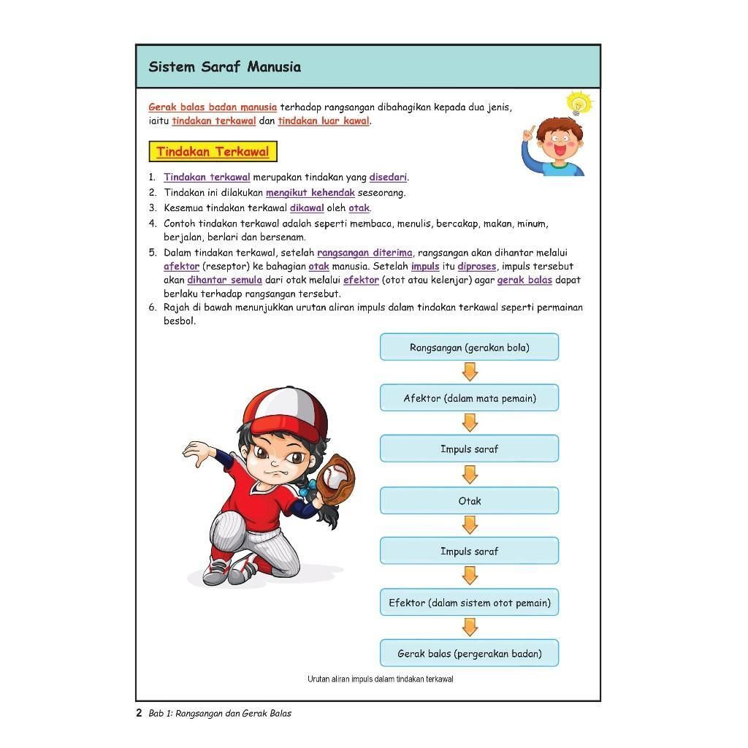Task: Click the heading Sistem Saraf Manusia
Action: click(x=224, y=67)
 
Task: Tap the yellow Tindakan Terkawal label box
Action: click(x=213, y=152)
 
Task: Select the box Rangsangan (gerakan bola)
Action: click(x=469, y=348)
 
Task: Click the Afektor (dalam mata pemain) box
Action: click(x=469, y=398)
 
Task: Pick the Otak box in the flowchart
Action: click(x=469, y=501)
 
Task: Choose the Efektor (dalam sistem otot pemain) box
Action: click(x=469, y=603)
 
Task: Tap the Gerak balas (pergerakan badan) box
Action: click(x=469, y=654)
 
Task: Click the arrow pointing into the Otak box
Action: click(x=470, y=475)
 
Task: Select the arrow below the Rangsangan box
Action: click(x=470, y=372)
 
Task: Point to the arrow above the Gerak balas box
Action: click(x=470, y=627)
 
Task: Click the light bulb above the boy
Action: click(x=579, y=103)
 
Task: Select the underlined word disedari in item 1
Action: click(x=388, y=178)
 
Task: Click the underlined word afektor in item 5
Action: click(x=181, y=267)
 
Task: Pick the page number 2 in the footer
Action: click(x=139, y=713)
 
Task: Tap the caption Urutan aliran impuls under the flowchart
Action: click(x=380, y=679)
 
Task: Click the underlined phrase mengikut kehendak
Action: click(x=310, y=193)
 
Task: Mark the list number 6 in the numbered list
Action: click(x=152, y=308)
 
